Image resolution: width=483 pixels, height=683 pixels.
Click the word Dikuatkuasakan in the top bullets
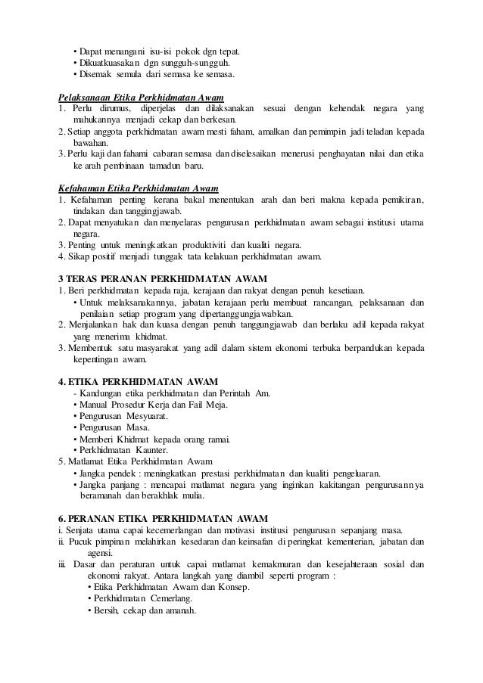coord(111,63)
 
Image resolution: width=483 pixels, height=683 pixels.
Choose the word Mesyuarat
coord(144,415)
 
